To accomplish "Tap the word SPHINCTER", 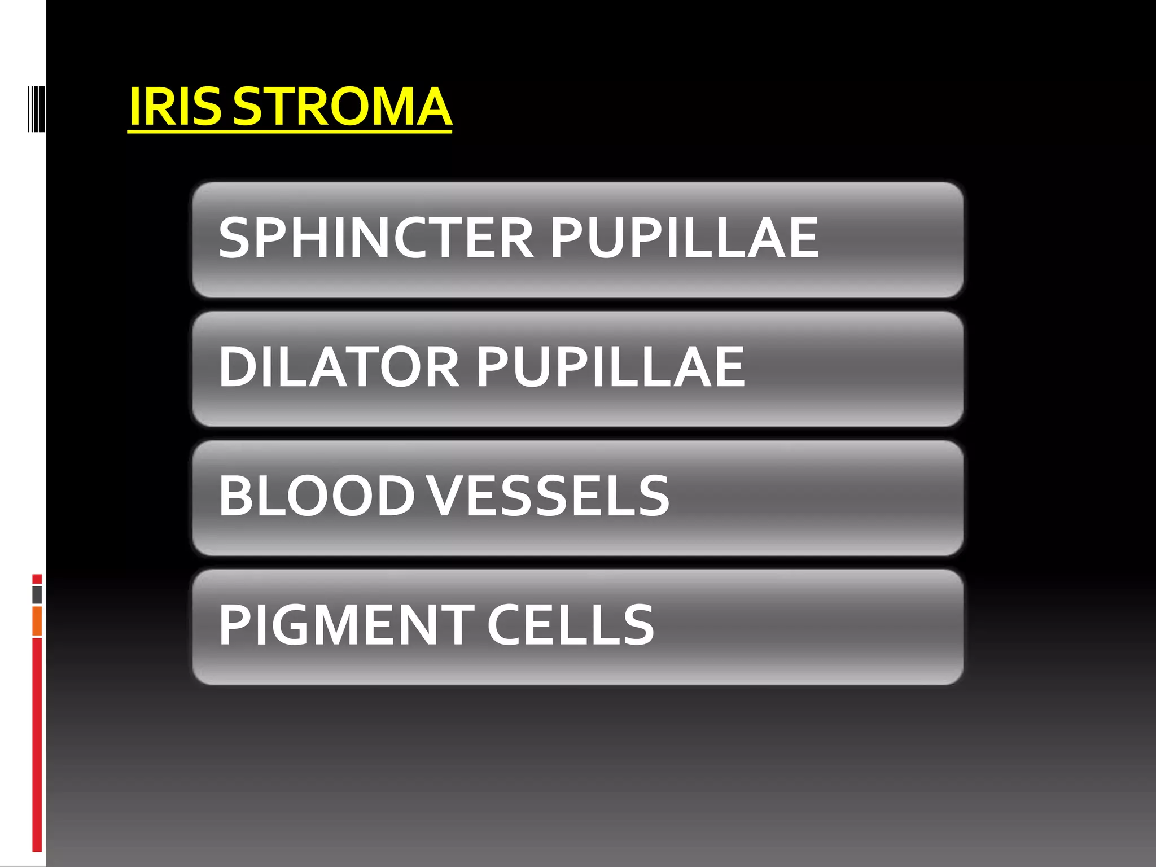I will coord(376,238).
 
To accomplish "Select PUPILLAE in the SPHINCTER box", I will coord(684,238).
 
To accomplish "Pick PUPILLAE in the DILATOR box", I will coord(611,367).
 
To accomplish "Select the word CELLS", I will coord(570,624).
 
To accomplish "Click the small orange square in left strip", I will coord(37,621).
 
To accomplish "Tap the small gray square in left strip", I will coord(37,595).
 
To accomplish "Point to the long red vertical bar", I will coord(37,745).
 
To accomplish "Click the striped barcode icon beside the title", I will coord(36,108).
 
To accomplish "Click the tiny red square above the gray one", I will coord(37,579).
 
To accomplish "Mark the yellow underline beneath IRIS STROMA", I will coord(289,132).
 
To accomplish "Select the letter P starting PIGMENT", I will coord(234,624).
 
